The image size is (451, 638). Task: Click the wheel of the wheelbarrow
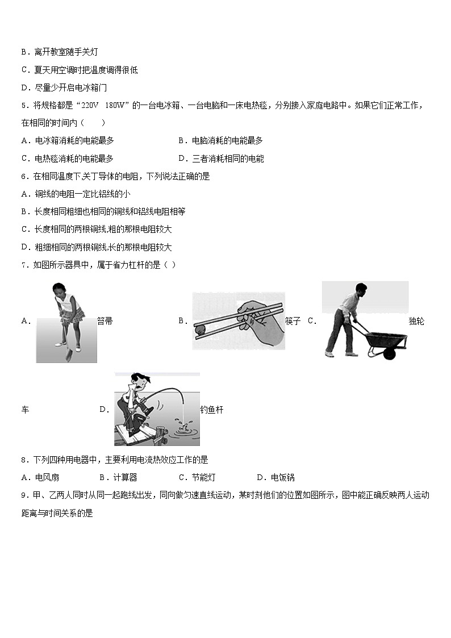coord(389,353)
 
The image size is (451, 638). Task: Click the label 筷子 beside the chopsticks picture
coord(293,321)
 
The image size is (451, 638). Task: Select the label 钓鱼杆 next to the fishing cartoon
coord(211,410)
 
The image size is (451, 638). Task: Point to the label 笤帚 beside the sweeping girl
coord(105,321)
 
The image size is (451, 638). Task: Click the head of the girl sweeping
coord(59,288)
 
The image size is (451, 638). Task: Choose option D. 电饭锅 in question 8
coord(275,477)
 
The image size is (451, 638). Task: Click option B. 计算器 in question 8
coord(118,477)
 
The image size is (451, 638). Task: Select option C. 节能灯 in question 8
coord(197,477)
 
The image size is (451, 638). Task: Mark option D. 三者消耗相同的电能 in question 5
coord(221,159)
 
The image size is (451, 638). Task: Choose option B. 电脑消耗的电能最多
coord(220,140)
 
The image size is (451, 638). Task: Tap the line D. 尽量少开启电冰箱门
coord(64,87)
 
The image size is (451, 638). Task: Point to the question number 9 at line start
coord(23,495)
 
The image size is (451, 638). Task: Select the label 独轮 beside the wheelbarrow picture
coord(416,321)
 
